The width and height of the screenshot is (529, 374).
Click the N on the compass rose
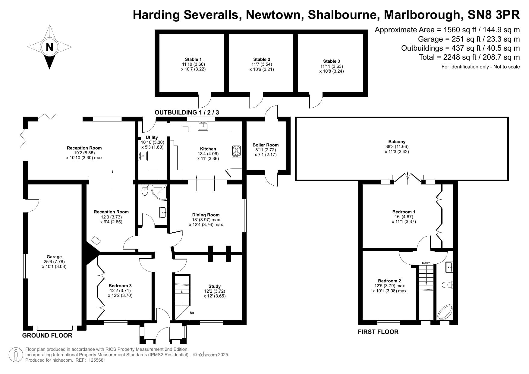point(49,47)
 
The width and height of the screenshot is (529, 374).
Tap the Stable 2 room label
point(262,59)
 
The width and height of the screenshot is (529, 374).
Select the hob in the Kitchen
point(236,151)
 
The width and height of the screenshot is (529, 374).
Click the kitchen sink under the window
point(203,126)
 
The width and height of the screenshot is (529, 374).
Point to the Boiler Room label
point(265,145)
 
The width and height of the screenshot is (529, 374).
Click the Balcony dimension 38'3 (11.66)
point(397,146)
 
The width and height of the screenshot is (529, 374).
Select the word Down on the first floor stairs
point(426,263)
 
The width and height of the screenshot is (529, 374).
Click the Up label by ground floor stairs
point(192,313)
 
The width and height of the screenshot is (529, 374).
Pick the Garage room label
point(54,257)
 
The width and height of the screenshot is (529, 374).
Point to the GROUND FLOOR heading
point(47,335)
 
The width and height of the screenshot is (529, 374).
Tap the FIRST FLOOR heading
point(378,332)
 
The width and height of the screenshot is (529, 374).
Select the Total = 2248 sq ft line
point(469,57)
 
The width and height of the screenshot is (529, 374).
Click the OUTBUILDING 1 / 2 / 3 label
point(187,112)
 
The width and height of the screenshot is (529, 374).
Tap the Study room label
point(214,286)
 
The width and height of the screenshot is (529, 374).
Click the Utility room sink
point(143,156)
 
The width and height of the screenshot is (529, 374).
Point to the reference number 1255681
point(97,360)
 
